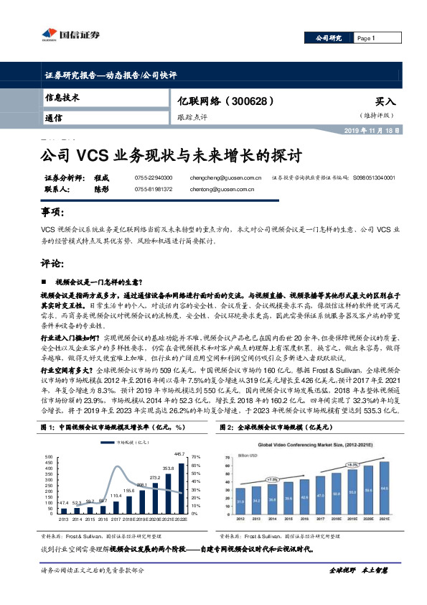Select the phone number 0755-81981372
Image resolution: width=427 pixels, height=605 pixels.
click(153, 190)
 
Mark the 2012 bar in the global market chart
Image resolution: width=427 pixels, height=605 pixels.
click(241, 504)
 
